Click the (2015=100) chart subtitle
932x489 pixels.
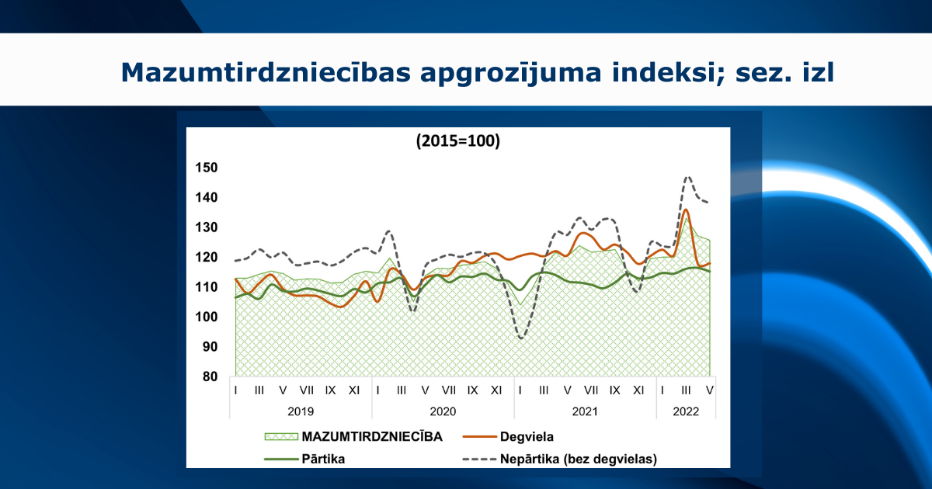pos(457,141)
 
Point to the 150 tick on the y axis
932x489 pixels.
pos(207,168)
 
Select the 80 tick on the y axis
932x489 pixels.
pos(210,377)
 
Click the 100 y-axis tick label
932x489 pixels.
pos(207,317)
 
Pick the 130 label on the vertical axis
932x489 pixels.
pos(207,227)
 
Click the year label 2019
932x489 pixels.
pos(302,411)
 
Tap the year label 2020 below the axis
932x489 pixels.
pos(443,411)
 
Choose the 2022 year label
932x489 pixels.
pos(687,411)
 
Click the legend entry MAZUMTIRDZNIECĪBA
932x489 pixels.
pos(372,436)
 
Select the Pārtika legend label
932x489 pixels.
pos(323,459)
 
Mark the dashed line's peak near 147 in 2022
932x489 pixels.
pos(687,177)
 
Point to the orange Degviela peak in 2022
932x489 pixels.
pos(686,210)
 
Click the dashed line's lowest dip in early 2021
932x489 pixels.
pos(521,338)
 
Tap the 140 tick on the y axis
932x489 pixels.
pos(207,198)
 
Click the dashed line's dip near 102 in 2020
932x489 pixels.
pos(413,311)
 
